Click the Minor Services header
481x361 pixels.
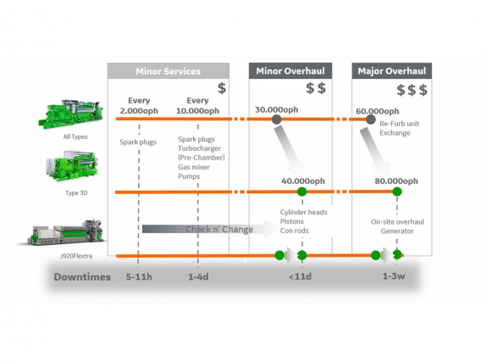[168, 71]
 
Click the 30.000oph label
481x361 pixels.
[276, 109]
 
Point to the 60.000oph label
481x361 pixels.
[378, 111]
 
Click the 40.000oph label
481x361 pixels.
[302, 180]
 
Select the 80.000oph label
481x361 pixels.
[396, 180]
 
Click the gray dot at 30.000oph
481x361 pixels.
[276, 119]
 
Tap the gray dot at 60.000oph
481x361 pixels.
[370, 119]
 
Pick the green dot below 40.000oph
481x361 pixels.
[302, 192]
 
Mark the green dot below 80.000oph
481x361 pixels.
[396, 192]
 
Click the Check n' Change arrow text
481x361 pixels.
[219, 230]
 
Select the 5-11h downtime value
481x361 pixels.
[138, 276]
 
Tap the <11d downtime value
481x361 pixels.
[299, 276]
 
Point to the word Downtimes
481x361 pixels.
[82, 276]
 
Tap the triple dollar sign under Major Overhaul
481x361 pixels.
[412, 90]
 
